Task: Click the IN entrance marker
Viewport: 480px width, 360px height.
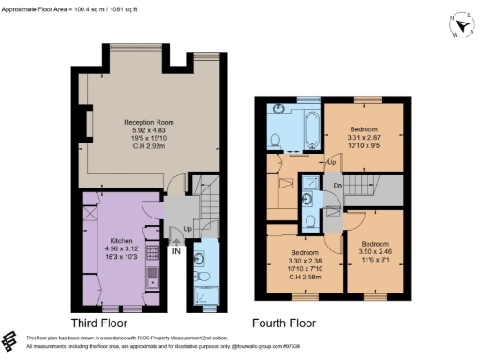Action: (x=175, y=250)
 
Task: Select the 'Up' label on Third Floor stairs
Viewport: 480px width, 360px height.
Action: (x=188, y=228)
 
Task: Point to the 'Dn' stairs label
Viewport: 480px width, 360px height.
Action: (x=337, y=185)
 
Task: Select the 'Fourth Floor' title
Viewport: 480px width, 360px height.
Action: (x=284, y=322)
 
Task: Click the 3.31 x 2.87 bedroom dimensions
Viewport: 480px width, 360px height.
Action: (x=365, y=137)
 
